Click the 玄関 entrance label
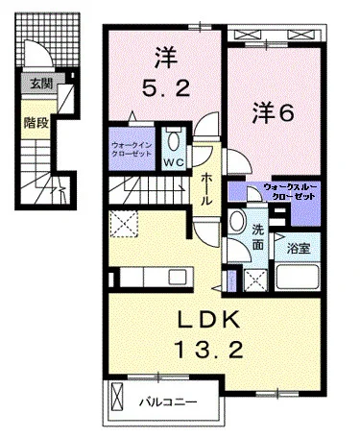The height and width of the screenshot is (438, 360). pyautogui.click(x=41, y=84)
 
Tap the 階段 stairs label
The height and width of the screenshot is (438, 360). pyautogui.click(x=36, y=123)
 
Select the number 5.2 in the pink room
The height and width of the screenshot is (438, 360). pyautogui.click(x=166, y=88)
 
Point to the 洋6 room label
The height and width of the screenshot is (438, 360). pyautogui.click(x=273, y=112)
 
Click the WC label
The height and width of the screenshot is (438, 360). pyautogui.click(x=174, y=162)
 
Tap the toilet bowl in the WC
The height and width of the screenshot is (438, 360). pyautogui.click(x=174, y=140)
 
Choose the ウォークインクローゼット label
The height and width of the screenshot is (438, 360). pyautogui.click(x=132, y=150)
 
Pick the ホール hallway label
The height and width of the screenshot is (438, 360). pyautogui.click(x=206, y=190)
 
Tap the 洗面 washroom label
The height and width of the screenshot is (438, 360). pyautogui.click(x=258, y=237)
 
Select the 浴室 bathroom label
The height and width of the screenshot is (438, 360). pyautogui.click(x=299, y=248)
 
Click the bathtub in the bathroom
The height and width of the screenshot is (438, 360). pyautogui.click(x=298, y=277)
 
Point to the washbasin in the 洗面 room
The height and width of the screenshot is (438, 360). pyautogui.click(x=237, y=222)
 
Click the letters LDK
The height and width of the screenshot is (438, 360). pyautogui.click(x=208, y=320)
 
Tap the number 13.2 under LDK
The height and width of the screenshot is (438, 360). pyautogui.click(x=208, y=350)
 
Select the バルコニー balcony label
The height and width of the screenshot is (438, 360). pyautogui.click(x=168, y=402)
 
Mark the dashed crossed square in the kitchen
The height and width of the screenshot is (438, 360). pyautogui.click(x=124, y=224)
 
